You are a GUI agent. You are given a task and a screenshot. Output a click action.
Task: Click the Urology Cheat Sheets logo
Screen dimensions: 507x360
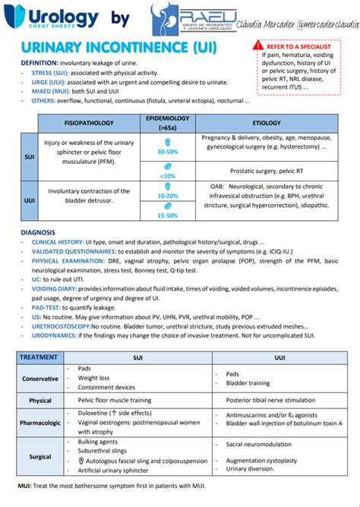52,18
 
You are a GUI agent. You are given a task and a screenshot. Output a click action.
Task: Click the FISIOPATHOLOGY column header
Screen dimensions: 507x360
90,122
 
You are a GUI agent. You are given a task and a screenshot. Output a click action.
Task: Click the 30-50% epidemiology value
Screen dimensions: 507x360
167,152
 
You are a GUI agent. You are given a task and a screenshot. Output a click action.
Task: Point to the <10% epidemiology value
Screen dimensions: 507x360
167,175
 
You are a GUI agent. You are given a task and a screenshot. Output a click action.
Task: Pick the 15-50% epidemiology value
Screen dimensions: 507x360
167,216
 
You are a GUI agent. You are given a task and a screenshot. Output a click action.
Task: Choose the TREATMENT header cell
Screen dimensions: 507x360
39,357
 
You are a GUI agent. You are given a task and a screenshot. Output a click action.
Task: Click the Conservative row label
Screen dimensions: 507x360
40,379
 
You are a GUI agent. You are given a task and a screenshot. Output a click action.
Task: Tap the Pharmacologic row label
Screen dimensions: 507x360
40,422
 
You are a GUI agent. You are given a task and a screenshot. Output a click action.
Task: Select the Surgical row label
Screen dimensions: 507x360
40,458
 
